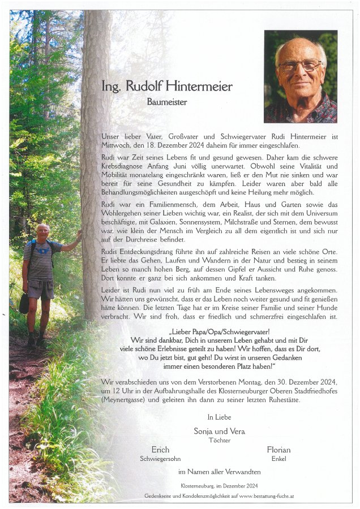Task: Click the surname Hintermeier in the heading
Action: [200, 87]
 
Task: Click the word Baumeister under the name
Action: [167, 102]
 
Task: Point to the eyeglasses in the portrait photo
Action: [299, 66]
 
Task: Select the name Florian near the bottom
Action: [278, 450]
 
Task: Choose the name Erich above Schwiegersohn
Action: [160, 450]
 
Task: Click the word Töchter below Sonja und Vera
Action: [220, 439]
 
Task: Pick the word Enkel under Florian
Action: [278, 459]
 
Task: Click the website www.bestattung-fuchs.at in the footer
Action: [261, 496]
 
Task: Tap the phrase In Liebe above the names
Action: [219, 417]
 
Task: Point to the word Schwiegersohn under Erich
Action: [160, 459]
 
